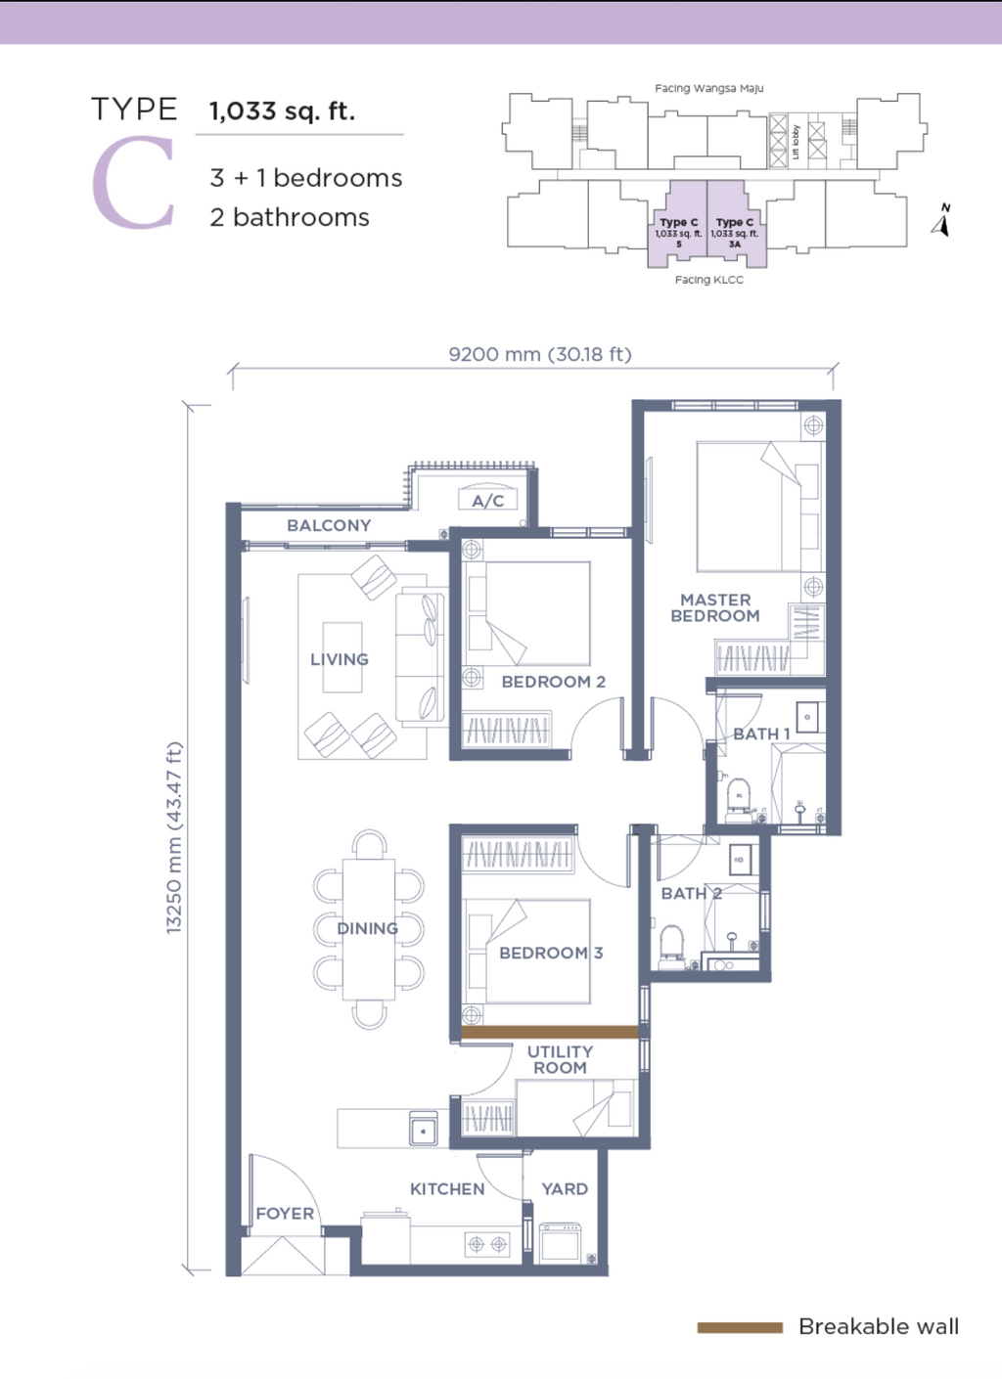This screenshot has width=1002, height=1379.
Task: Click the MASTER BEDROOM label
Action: [715, 607]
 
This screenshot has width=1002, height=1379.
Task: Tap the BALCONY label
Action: [329, 525]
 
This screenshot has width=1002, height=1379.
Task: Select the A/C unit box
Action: [487, 499]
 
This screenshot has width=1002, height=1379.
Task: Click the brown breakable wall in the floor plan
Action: [549, 1033]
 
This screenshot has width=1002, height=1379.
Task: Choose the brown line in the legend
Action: [740, 1328]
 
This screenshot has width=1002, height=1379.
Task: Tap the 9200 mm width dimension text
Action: [540, 355]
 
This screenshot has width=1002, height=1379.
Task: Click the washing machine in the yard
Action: [560, 1242]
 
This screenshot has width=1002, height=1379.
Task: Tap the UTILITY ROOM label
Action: [560, 1059]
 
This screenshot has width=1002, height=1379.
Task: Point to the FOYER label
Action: [285, 1214]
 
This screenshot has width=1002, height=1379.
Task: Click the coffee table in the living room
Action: [342, 657]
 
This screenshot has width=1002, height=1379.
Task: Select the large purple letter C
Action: [134, 184]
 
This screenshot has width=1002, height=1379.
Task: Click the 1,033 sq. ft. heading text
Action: [282, 111]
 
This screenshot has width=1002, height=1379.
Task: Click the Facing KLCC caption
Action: [708, 280]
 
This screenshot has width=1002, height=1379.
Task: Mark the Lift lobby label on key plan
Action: [797, 142]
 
